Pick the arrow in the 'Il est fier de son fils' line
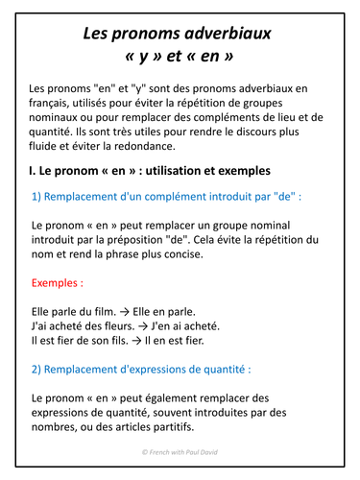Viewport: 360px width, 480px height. (151, 341)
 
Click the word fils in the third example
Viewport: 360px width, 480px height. (132, 341)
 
